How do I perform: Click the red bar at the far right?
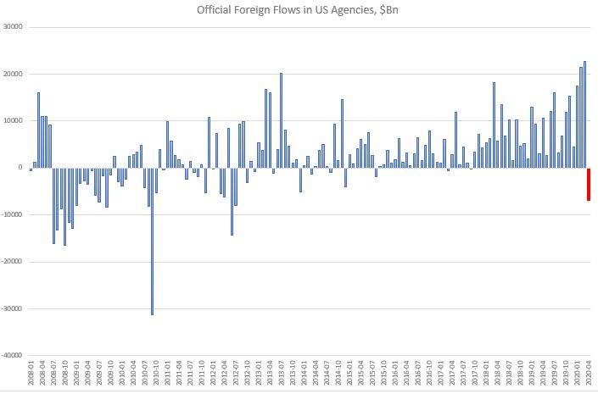click(x=589, y=184)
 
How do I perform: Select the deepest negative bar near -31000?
click(x=152, y=241)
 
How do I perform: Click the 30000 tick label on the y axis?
click(x=14, y=27)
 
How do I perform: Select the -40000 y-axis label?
click(x=12, y=356)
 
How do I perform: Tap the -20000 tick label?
click(x=12, y=262)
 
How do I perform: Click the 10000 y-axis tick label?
click(x=14, y=121)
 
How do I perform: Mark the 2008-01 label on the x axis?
click(x=31, y=374)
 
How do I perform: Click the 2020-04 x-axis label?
click(x=589, y=374)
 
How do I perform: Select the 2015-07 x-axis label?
click(x=373, y=374)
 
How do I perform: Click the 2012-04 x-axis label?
click(x=224, y=374)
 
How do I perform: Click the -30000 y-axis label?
click(x=12, y=309)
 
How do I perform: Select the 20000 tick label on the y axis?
click(x=14, y=74)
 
